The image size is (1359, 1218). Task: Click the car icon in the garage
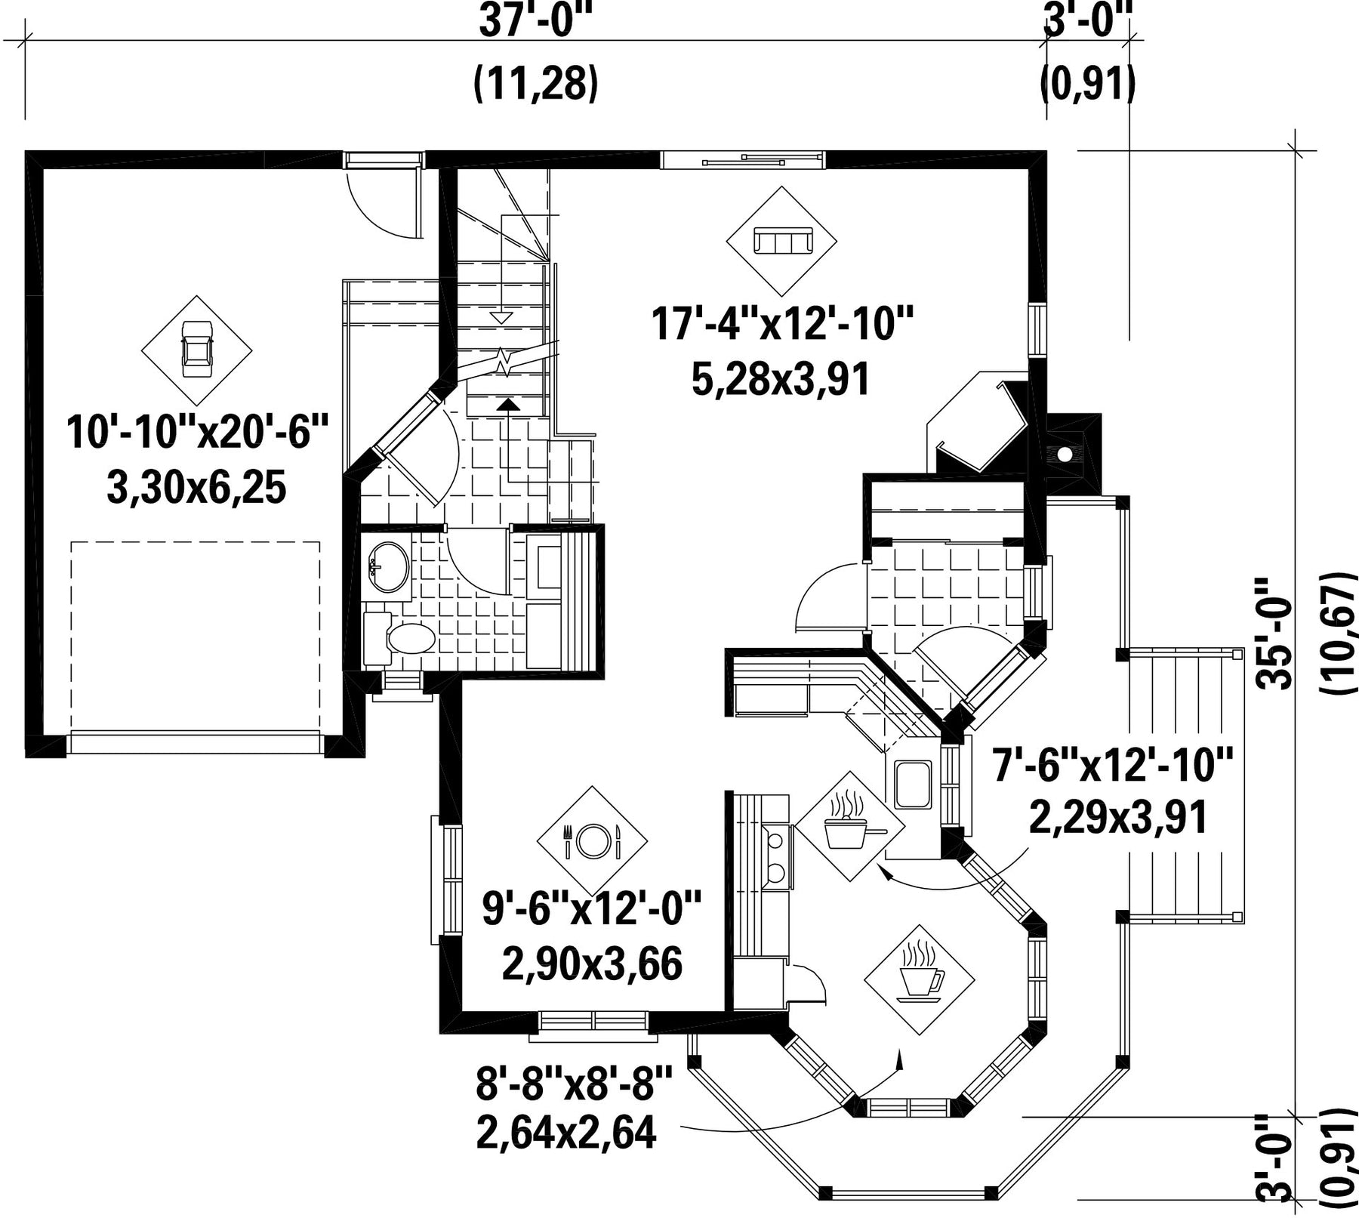click(x=196, y=349)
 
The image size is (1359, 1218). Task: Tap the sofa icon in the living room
click(x=781, y=242)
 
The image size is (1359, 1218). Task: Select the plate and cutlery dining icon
click(x=592, y=840)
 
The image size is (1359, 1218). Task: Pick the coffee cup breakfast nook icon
click(x=919, y=973)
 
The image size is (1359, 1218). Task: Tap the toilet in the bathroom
click(x=400, y=639)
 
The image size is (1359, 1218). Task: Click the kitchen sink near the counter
click(x=913, y=785)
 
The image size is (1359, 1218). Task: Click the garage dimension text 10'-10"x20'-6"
click(x=198, y=433)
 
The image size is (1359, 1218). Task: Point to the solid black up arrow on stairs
click(x=510, y=403)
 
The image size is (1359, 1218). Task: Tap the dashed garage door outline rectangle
click(x=196, y=636)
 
